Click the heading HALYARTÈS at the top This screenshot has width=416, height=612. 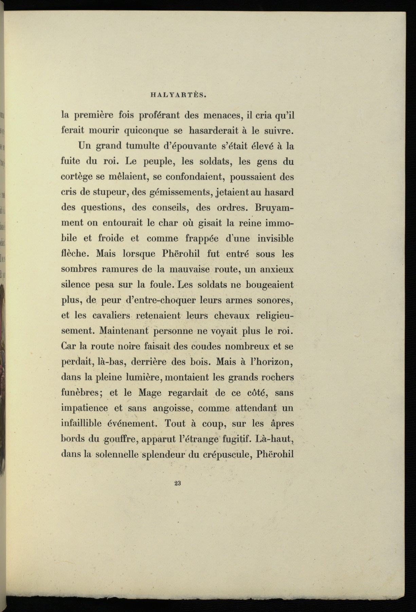[178, 96]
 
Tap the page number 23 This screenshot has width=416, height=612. [177, 483]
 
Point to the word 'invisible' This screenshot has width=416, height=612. [275, 238]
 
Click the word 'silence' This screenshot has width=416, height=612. [75, 285]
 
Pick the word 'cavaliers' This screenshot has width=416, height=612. [111, 315]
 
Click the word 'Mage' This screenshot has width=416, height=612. [150, 393]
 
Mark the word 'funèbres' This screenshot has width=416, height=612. [80, 393]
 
